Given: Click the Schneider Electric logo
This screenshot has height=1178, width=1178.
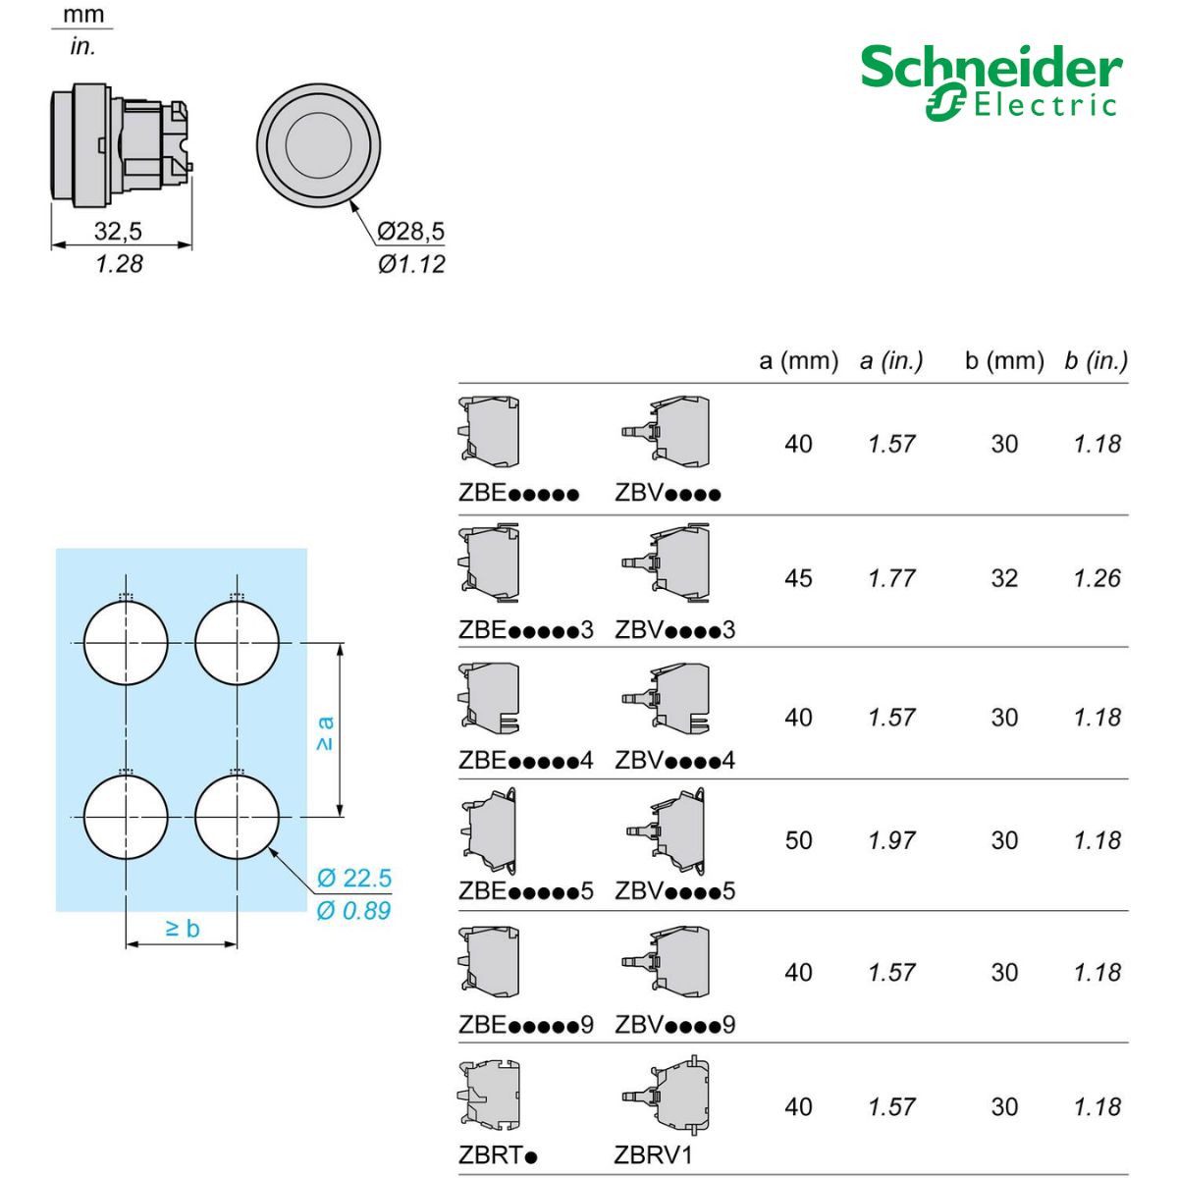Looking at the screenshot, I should click(991, 82).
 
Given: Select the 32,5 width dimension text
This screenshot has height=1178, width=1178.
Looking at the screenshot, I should click(118, 231).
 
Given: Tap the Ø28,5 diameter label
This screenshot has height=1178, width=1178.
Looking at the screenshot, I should click(410, 231).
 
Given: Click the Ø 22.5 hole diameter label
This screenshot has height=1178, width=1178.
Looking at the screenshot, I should click(354, 878).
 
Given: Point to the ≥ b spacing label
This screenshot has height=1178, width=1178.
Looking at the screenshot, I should click(182, 928).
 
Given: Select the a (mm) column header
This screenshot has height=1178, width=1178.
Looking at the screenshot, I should click(798, 361).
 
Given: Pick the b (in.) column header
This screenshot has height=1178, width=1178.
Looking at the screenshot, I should click(1096, 361).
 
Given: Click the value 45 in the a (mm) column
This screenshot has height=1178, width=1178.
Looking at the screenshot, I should click(798, 578).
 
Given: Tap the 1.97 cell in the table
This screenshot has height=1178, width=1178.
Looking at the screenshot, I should click(891, 840).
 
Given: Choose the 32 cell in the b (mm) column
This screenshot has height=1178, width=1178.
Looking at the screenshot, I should click(1004, 578).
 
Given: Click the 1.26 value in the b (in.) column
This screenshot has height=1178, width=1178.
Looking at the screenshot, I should click(1097, 578).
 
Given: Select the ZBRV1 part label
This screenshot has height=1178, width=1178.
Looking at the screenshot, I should click(653, 1155).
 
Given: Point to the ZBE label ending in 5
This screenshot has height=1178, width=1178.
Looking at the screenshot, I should click(526, 891).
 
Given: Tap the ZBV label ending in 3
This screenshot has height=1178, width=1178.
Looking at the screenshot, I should click(674, 630).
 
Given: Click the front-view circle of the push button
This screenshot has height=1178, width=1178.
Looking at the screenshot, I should click(318, 145).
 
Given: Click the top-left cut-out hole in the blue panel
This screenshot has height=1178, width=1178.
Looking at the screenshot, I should click(126, 643).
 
